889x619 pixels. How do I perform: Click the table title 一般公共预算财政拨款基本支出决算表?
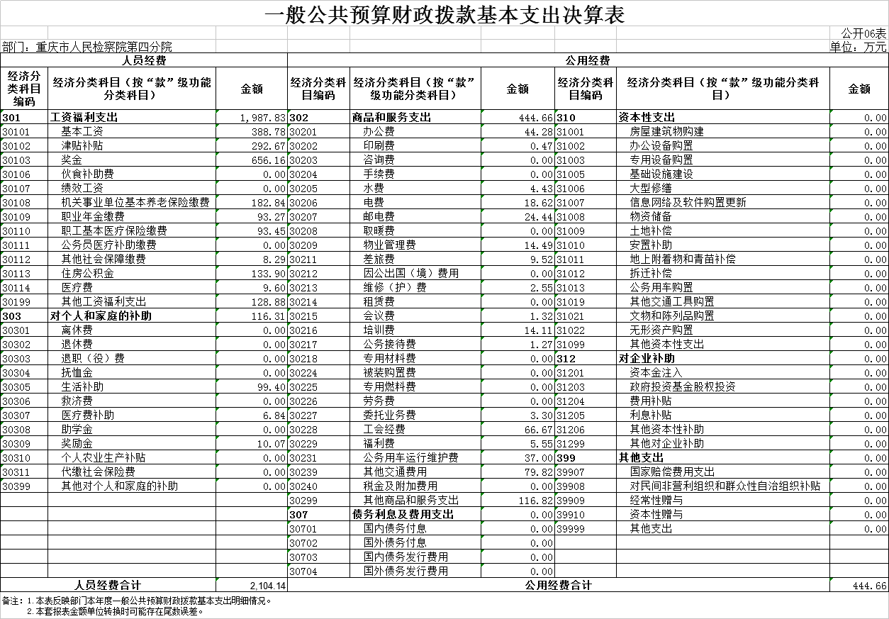pyautogui.click(x=445, y=15)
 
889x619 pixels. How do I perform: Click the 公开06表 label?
pyautogui.click(x=863, y=34)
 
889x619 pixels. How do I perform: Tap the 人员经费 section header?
pyautogui.click(x=144, y=61)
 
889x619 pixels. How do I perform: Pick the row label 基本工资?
pyautogui.click(x=82, y=132)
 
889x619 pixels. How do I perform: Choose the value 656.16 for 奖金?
pyautogui.click(x=270, y=160)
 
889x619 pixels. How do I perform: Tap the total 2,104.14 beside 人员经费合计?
pyautogui.click(x=268, y=586)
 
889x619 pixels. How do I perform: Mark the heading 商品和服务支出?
pyautogui.click(x=391, y=118)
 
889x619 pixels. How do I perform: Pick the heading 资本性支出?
pyautogui.click(x=647, y=118)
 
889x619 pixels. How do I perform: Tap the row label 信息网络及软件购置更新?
pyautogui.click(x=688, y=203)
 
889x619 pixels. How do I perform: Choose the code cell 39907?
pyautogui.click(x=571, y=472)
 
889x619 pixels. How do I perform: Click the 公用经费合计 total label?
pyautogui.click(x=558, y=586)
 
